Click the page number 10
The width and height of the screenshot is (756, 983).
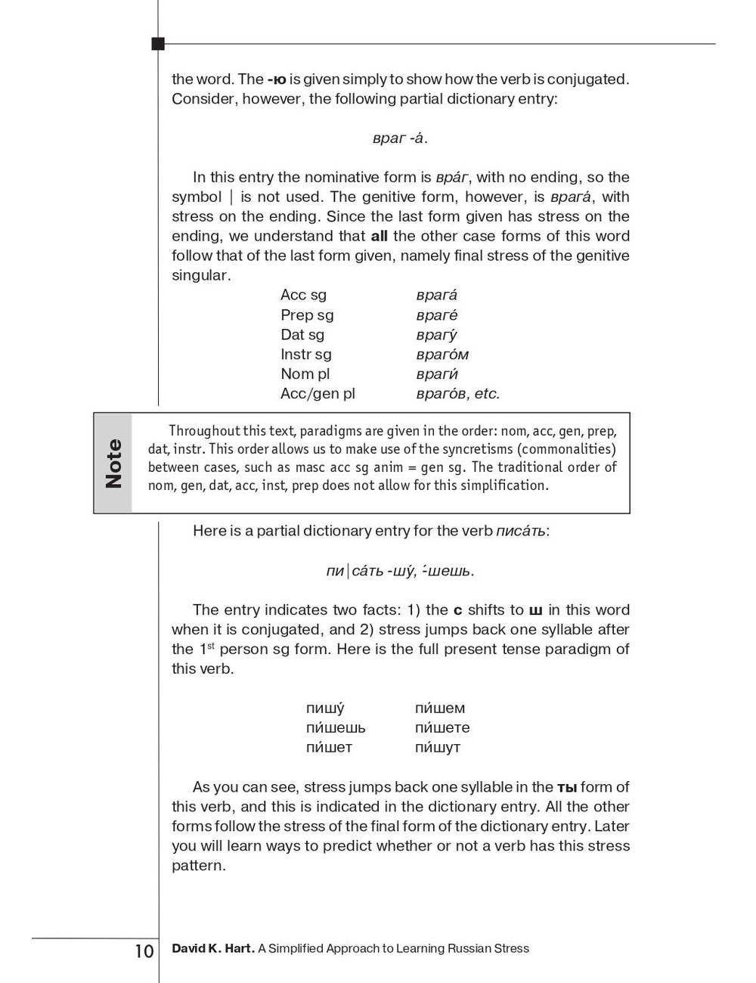(144, 950)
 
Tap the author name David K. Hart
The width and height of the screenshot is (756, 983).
(212, 948)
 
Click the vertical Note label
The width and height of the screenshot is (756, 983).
(113, 463)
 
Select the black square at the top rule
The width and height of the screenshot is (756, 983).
(158, 44)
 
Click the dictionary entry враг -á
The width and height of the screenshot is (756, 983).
(400, 138)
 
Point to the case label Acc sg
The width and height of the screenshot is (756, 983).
(303, 295)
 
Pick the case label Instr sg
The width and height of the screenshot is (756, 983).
(305, 354)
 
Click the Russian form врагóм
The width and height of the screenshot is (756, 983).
(442, 354)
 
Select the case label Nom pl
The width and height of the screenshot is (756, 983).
(305, 374)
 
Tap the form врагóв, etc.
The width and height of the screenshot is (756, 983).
(457, 393)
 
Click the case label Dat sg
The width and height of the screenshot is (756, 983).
(302, 334)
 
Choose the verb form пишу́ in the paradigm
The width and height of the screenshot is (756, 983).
(325, 709)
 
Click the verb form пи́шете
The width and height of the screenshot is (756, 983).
(442, 727)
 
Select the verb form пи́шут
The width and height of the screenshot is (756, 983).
(437, 747)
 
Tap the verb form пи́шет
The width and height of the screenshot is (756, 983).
(329, 747)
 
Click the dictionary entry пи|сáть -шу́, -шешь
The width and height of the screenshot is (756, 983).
(400, 571)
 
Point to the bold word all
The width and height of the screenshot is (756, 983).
(379, 236)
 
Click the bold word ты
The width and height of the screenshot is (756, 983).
(566, 787)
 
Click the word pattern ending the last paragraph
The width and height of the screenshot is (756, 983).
(199, 866)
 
